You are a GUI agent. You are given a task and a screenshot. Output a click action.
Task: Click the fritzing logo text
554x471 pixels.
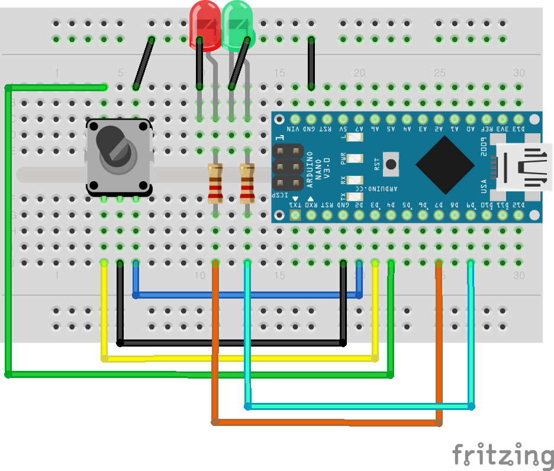tap(503, 455)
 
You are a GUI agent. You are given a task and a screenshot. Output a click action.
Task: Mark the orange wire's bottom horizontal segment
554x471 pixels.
tap(326, 422)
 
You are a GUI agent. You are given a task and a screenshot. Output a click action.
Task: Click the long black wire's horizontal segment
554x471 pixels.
tap(231, 342)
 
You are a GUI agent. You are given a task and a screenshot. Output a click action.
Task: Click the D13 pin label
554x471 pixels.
tap(518, 129)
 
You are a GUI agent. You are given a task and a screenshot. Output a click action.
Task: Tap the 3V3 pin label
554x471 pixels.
tap(503, 129)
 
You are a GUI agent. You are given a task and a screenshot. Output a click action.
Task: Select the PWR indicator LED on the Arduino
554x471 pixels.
tap(354, 159)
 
